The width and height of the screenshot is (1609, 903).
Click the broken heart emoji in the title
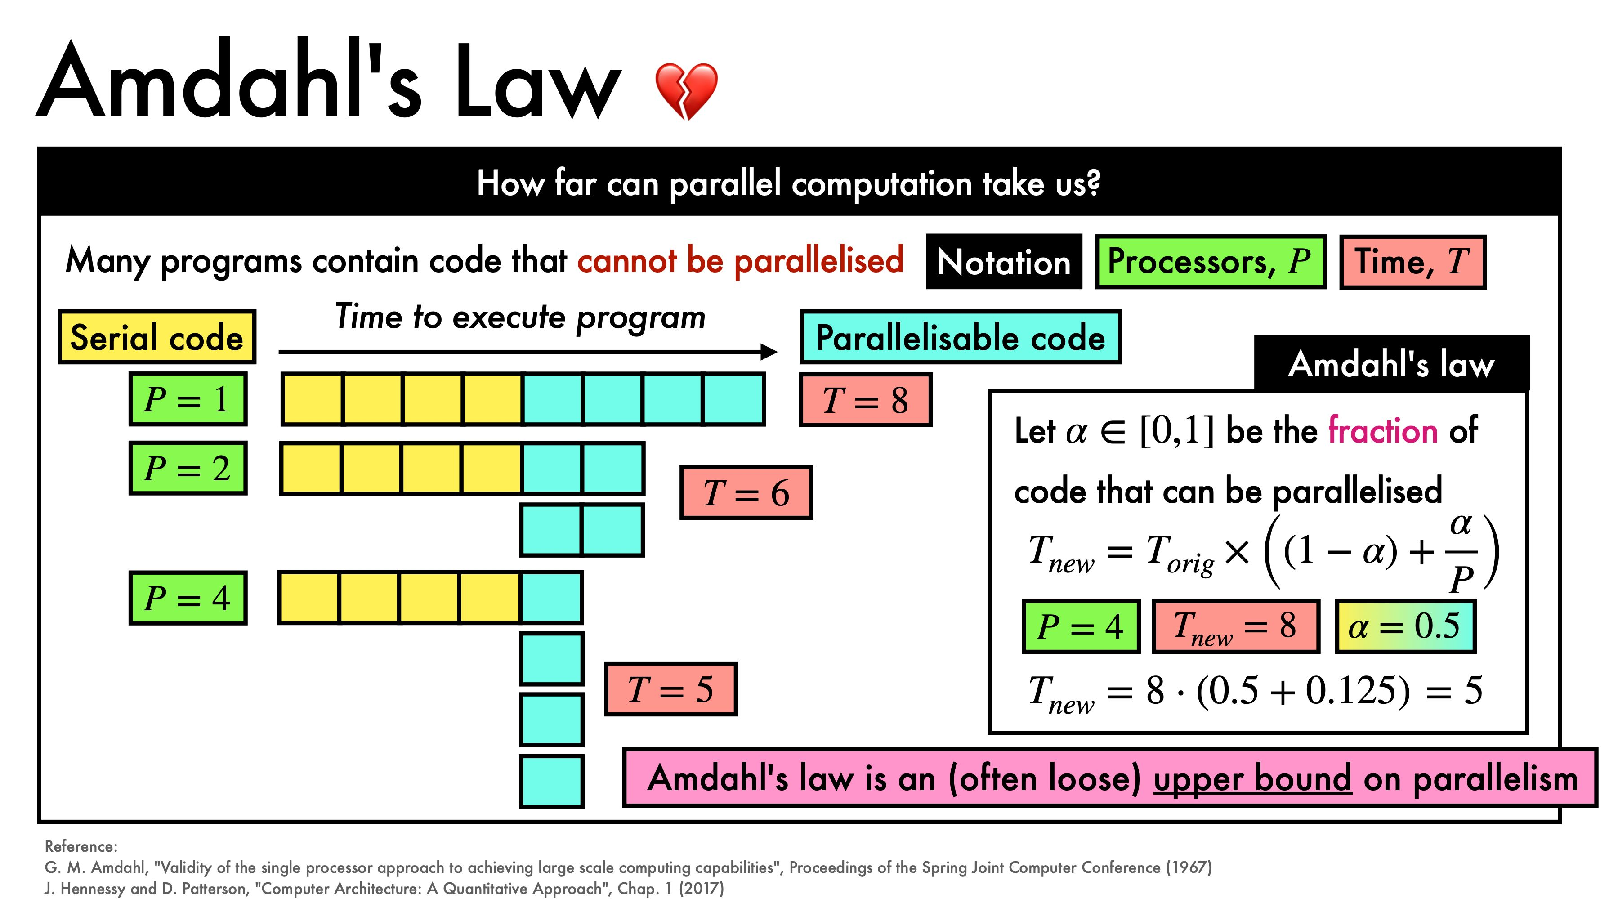(x=686, y=90)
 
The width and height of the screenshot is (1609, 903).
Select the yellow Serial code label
(x=157, y=337)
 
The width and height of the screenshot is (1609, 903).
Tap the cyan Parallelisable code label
(x=961, y=337)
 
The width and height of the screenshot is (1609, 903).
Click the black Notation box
(x=1004, y=262)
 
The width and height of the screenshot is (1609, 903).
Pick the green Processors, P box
(x=1211, y=262)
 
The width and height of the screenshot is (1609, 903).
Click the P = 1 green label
(x=188, y=399)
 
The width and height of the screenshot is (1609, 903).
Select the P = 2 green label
(x=188, y=468)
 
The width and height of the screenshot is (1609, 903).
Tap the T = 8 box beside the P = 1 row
(x=866, y=400)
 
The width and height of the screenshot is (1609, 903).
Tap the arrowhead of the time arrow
(x=769, y=352)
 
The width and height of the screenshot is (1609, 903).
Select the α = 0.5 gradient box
(x=1405, y=626)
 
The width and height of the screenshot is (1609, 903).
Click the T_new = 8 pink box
(x=1235, y=626)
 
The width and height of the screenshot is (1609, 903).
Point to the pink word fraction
(x=1383, y=431)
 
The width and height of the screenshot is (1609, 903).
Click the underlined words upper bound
(x=1252, y=779)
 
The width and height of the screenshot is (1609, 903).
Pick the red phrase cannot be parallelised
(x=740, y=260)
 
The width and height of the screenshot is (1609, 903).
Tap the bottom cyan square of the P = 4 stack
(x=551, y=781)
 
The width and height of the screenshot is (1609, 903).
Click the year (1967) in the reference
(x=1189, y=867)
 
